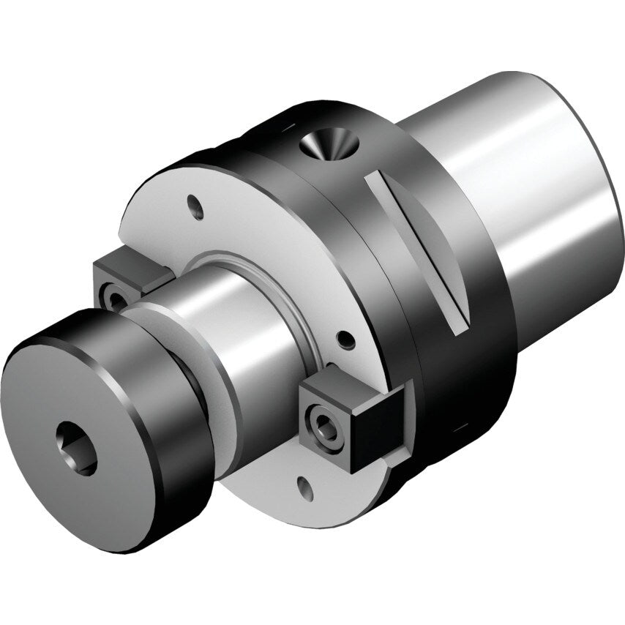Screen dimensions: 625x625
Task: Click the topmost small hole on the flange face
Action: (196, 206)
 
